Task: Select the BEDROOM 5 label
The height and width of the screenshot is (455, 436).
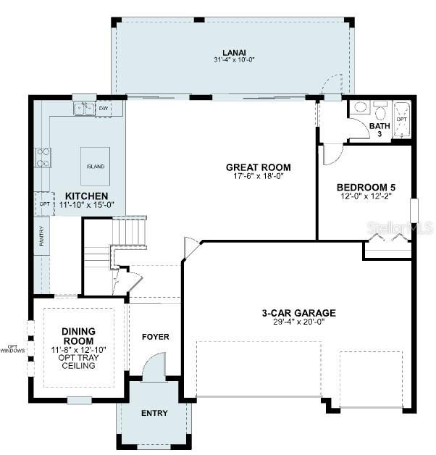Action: click(366, 187)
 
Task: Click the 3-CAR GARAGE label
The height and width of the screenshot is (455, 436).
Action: click(298, 313)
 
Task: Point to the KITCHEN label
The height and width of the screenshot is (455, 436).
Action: click(86, 196)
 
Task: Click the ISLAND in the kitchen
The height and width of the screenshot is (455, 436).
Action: click(96, 167)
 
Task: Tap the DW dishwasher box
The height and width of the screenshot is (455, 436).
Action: click(104, 109)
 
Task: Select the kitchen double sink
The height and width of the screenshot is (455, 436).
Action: click(84, 109)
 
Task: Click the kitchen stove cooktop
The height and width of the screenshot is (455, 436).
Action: click(43, 157)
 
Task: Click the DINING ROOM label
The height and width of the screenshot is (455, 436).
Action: click(78, 336)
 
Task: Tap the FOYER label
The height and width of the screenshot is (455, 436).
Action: click(155, 337)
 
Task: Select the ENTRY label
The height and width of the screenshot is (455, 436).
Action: click(154, 414)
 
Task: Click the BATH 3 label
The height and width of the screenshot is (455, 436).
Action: click(380, 130)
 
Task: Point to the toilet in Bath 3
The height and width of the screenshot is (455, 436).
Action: click(380, 112)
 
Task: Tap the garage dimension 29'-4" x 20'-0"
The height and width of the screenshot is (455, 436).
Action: click(298, 323)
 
